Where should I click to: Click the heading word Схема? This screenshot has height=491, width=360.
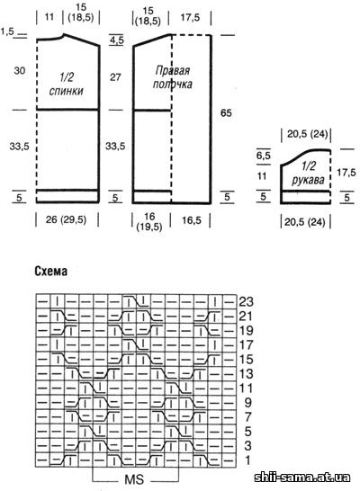(50, 272)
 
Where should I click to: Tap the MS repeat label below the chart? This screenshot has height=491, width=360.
(134, 479)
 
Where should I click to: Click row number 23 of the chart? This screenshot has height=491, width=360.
(246, 302)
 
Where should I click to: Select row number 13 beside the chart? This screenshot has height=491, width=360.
(246, 374)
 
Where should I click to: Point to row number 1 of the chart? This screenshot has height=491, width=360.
(247, 460)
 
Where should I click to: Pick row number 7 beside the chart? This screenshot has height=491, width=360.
(247, 417)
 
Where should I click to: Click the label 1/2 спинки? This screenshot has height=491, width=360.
(66, 84)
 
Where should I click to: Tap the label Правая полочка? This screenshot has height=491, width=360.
(172, 77)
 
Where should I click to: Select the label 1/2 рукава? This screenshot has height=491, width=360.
(308, 174)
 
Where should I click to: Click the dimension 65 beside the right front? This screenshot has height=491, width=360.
(226, 112)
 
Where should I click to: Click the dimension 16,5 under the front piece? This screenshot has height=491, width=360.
(192, 220)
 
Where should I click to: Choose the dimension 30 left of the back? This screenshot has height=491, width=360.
(20, 71)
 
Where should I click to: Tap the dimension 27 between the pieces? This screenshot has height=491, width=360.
(115, 77)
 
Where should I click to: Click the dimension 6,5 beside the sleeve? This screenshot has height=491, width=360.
(263, 156)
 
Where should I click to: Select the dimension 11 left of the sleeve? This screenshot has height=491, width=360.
(262, 176)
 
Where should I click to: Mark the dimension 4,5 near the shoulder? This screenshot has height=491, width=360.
(117, 40)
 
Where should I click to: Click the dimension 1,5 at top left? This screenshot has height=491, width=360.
(7, 31)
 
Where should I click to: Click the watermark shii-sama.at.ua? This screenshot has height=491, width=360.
(302, 478)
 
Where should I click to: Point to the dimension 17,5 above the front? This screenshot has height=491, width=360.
(190, 18)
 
